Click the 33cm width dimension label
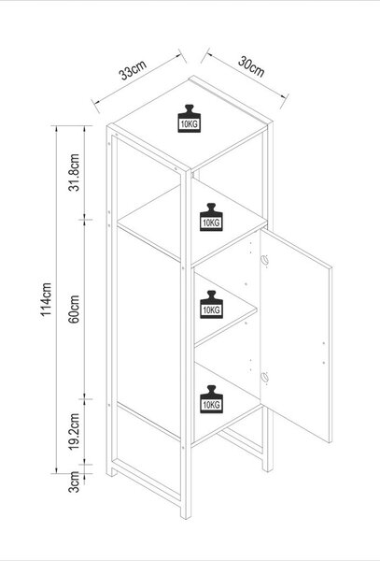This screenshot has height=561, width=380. point(133,70)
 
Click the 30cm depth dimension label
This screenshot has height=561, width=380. point(251,66)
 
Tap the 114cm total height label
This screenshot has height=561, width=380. point(46,299)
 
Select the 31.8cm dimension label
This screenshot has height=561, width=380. point(74,172)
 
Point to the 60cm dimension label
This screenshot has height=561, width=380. point(74,309)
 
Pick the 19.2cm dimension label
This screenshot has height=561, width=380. point(74,431)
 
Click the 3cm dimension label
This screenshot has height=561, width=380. point(74,482)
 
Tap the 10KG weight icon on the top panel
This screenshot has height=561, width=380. point(190,119)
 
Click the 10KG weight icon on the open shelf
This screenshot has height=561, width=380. point(211,217)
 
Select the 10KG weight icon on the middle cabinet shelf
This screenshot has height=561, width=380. point(211,305)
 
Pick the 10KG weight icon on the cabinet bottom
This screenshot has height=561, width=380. point(211,399)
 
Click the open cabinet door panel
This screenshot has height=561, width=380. point(296,337)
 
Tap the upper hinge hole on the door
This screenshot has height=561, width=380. point(264,260)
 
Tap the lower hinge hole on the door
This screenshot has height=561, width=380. point(264,377)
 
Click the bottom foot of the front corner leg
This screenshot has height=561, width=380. point(186,515)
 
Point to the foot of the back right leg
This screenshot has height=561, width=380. point(268,467)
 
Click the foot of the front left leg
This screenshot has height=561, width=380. point(112,472)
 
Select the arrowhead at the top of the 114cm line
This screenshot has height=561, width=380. point(56,129)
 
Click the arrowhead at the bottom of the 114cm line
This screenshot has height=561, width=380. point(56,469)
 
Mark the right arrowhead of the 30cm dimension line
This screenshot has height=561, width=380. point(285,96)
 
